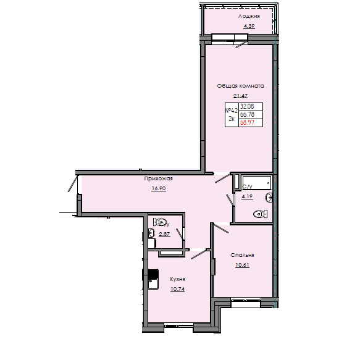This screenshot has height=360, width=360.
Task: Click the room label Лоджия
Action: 249,17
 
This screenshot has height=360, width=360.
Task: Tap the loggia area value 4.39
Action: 249,27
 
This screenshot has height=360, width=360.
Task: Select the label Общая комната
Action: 240,86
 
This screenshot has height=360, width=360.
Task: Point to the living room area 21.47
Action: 240,96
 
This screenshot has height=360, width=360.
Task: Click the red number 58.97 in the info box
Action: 247,122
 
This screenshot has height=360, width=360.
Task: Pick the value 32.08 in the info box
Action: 247,107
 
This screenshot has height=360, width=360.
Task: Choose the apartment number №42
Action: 232,110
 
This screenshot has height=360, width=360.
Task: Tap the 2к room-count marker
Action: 232,118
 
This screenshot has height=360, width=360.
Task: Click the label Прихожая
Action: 159,178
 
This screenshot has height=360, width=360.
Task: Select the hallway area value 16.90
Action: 159,188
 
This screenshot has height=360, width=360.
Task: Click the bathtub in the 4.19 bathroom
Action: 256,182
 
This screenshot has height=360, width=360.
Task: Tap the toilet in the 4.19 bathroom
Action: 260,214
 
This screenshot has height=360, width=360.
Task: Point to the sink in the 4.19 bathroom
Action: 269,198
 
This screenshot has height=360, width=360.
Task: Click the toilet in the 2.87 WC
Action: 161,222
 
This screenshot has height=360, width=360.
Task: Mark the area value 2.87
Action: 164,235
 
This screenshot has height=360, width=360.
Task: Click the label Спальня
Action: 243,255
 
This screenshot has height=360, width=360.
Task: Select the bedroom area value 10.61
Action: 243,265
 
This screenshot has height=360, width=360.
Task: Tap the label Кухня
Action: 178,278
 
